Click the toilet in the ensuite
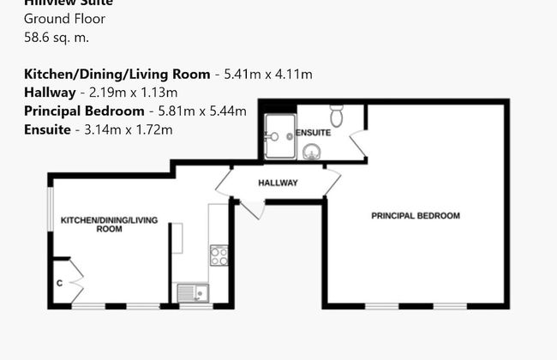pyautogui.click(x=337, y=115)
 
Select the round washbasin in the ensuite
pyautogui.click(x=313, y=152)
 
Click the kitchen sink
pyautogui.click(x=194, y=293)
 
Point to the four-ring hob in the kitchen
pyautogui.click(x=219, y=255)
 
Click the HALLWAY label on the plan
pyautogui.click(x=278, y=183)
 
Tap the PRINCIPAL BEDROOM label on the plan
pyautogui.click(x=415, y=216)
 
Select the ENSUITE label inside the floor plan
pyautogui.click(x=313, y=133)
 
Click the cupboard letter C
pyautogui.click(x=59, y=283)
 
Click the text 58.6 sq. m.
pyautogui.click(x=57, y=37)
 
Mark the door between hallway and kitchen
pyautogui.click(x=225, y=181)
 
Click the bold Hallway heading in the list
pyautogui.click(x=51, y=93)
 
